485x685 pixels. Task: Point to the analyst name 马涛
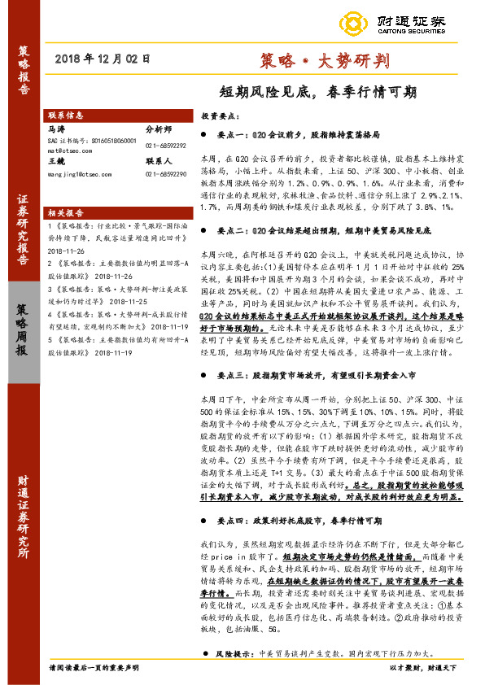pyautogui.click(x=55, y=129)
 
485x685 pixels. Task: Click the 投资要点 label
pyautogui.click(x=218, y=116)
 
